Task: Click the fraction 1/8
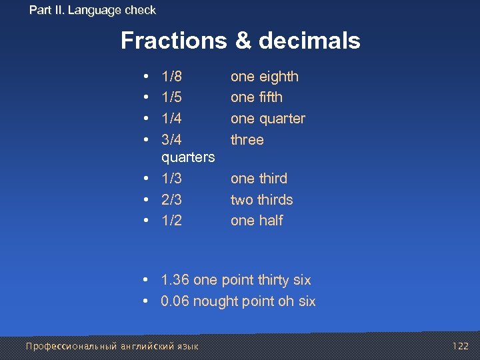click(x=171, y=77)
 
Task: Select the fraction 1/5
click(x=171, y=97)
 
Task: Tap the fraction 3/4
click(x=171, y=140)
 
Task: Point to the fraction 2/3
click(x=171, y=200)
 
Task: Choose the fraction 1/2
click(x=171, y=221)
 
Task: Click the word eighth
click(x=278, y=77)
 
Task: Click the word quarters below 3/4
click(x=188, y=157)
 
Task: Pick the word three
click(x=247, y=140)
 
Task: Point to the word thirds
click(x=275, y=200)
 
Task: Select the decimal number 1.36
click(x=175, y=281)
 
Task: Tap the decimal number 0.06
click(x=175, y=301)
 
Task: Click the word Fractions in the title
click(x=174, y=41)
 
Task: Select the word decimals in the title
click(x=309, y=41)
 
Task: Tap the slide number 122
click(x=460, y=346)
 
